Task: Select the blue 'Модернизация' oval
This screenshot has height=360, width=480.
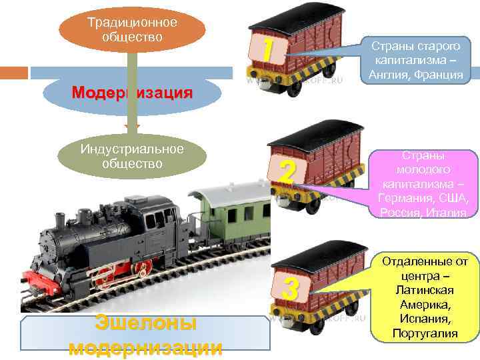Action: point(132,93)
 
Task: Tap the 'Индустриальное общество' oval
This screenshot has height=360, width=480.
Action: point(132,157)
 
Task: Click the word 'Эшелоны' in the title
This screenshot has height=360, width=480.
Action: point(146,323)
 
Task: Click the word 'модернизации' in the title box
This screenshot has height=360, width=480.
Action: point(146,347)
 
